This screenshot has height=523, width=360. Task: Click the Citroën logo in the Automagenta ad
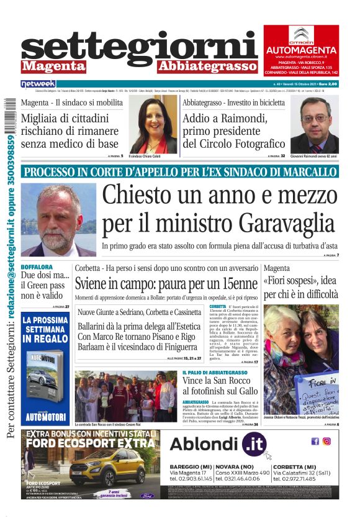point(301,34)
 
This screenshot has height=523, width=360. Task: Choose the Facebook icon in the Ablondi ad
point(315,441)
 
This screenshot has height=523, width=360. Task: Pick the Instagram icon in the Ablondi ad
point(326,441)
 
